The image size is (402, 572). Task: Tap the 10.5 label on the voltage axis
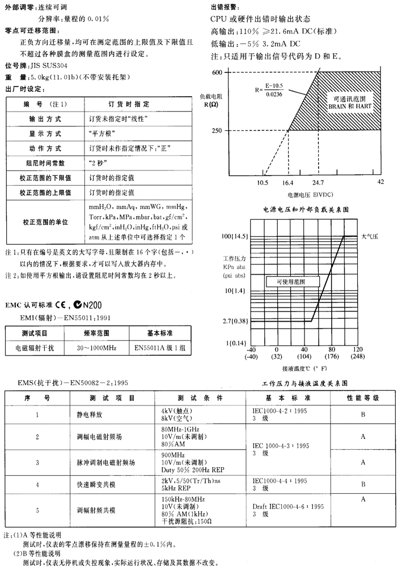click(x=263, y=182)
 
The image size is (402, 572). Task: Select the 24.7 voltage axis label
click(x=318, y=182)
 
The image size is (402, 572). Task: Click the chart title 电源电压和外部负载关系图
click(x=305, y=209)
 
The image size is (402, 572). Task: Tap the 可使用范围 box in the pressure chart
click(x=290, y=281)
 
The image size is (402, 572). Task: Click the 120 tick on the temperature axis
click(x=357, y=349)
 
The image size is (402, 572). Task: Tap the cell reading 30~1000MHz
click(x=97, y=348)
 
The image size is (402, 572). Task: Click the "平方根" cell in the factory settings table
click(x=100, y=134)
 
